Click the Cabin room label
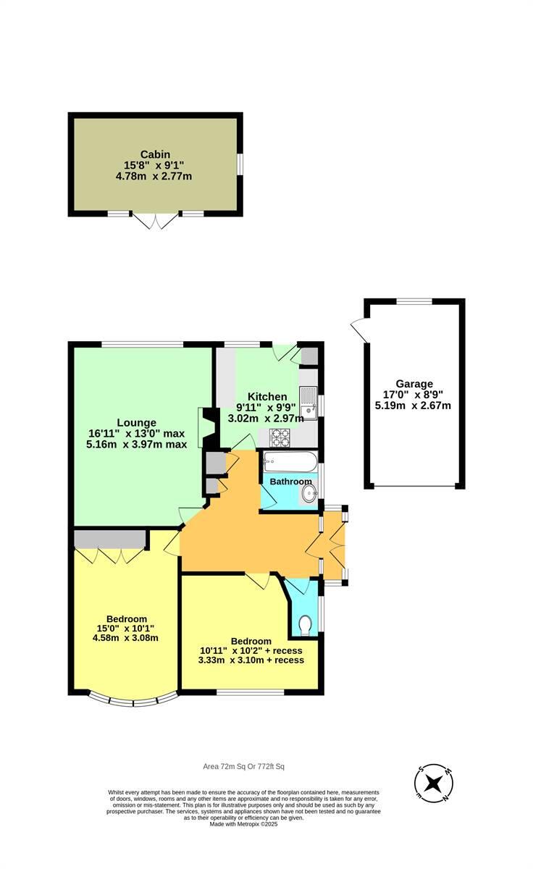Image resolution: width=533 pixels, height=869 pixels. [155, 154]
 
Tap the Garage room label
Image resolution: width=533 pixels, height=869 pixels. [414, 384]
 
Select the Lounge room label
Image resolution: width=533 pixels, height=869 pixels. [137, 423]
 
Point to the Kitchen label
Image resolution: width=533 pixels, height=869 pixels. [267, 397]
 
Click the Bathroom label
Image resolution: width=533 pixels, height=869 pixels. [290, 482]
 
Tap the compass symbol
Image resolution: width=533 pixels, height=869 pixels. [434, 784]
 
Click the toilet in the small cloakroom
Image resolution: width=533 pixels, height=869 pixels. [306, 624]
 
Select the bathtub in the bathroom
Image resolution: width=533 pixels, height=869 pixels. [290, 461]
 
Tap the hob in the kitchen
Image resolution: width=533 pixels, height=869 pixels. [280, 437]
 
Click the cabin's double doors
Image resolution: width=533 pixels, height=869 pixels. [156, 222]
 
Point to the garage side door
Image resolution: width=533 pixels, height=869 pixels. [358, 330]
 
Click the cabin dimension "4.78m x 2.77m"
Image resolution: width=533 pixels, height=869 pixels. [155, 176]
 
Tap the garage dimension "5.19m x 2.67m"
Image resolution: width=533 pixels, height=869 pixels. [413, 406]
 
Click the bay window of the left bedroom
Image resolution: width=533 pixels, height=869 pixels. [133, 700]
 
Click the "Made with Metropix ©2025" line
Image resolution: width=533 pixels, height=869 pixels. [243, 824]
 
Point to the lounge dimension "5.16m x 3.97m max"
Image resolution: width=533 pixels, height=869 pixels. [137, 444]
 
